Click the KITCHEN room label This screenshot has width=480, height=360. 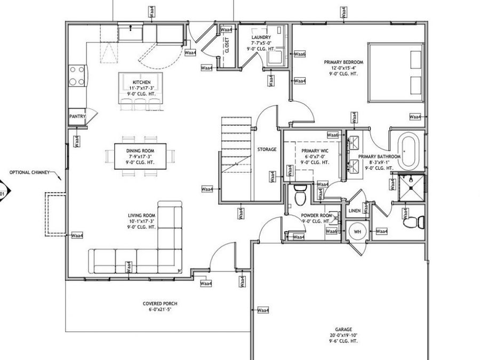point(142,82)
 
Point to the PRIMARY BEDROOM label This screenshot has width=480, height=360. point(343,62)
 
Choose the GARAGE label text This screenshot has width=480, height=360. point(343,330)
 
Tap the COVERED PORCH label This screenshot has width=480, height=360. point(160,303)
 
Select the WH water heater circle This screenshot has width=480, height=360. point(357,232)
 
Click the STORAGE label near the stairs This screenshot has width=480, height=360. point(267,149)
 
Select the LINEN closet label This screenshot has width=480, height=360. point(354,210)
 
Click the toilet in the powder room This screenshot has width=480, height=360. point(299,195)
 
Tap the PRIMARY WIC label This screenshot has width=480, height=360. point(315,151)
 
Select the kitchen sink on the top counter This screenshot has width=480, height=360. point(129,33)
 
